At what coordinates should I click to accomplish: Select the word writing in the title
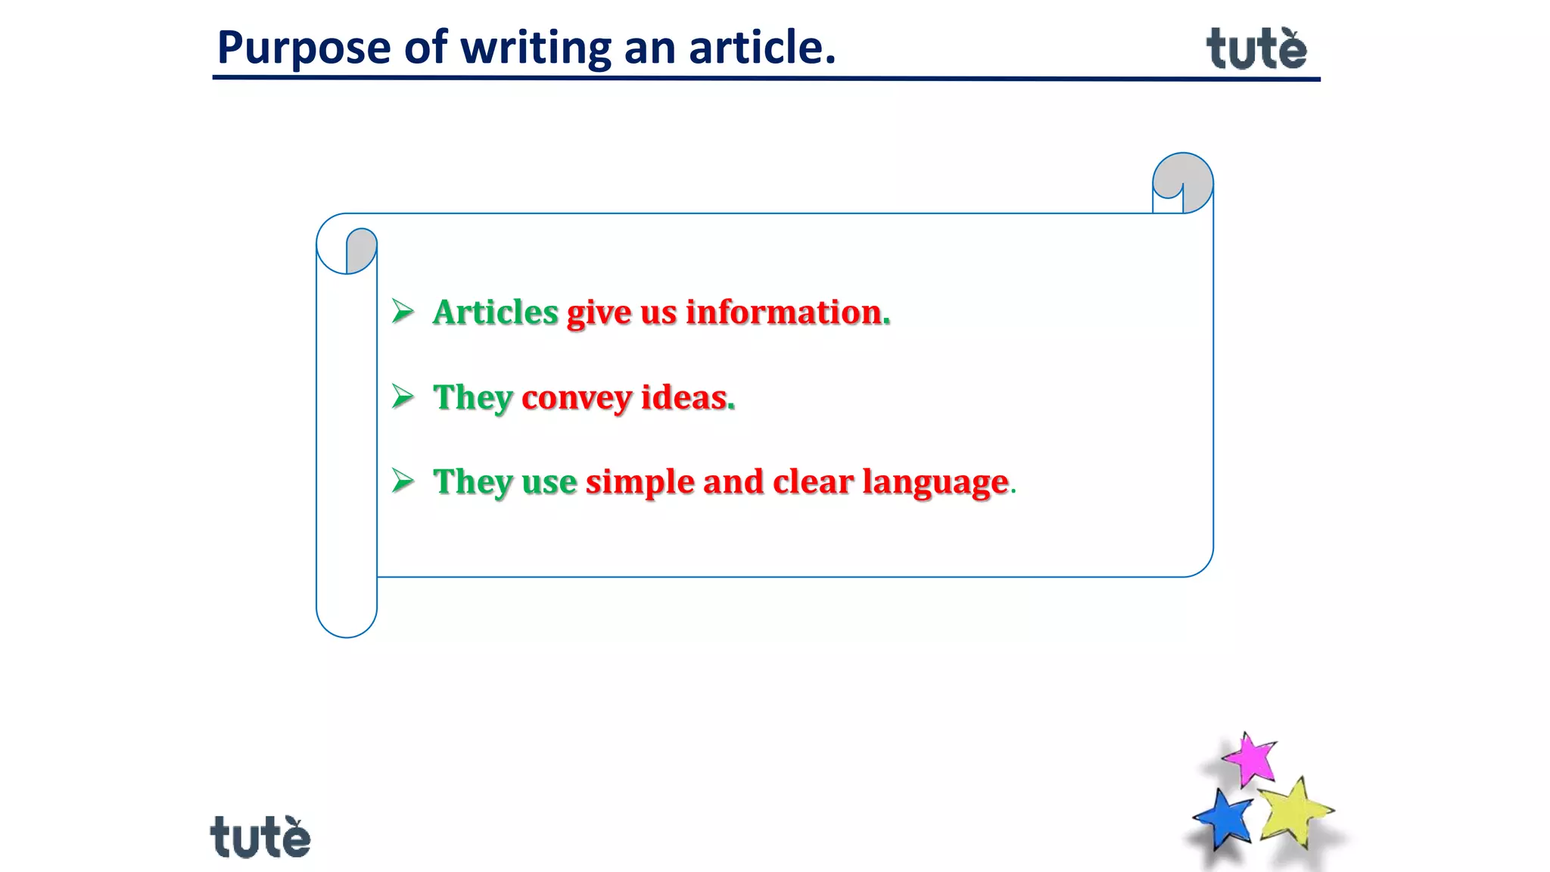[536, 48]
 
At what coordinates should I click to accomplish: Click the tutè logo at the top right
[1256, 49]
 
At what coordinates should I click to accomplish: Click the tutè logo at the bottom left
[260, 837]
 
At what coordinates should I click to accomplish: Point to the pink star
[1250, 759]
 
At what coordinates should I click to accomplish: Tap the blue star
[1223, 819]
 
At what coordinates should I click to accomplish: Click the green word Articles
[495, 313]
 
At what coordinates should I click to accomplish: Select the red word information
[783, 313]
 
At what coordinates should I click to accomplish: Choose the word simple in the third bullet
[640, 482]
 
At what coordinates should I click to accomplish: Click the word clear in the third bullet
[813, 482]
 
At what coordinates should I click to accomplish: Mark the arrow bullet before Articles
[403, 311]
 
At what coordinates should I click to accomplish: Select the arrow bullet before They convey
[403, 396]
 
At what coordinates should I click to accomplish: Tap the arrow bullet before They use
[403, 481]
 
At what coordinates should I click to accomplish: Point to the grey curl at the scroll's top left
[360, 248]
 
